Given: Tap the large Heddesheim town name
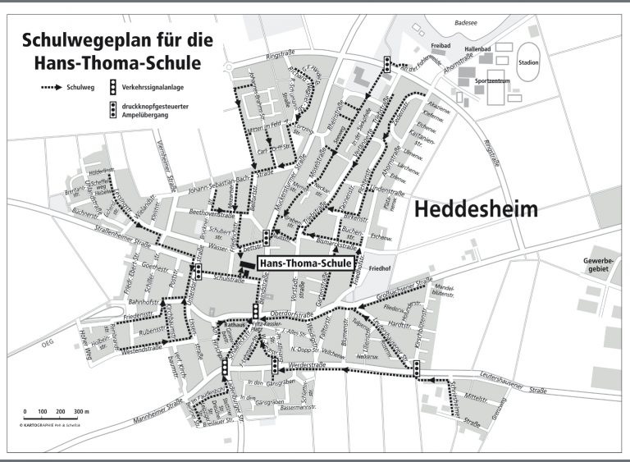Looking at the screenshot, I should tap(476, 209).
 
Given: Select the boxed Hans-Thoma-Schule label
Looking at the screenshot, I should tap(305, 263).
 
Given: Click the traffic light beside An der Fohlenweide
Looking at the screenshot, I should tap(387, 63).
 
